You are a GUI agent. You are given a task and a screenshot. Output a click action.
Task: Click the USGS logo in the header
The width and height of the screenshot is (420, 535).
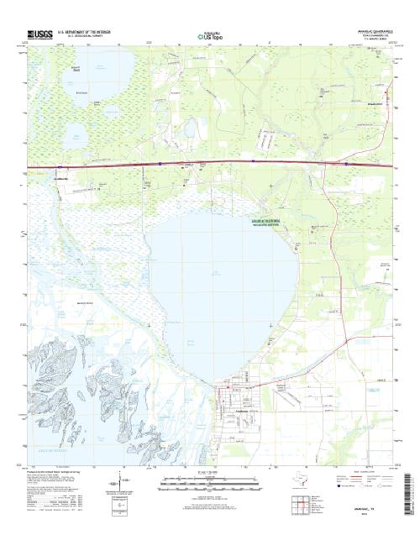(41, 34)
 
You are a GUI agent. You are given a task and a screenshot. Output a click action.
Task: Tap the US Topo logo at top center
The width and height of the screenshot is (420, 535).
(207, 36)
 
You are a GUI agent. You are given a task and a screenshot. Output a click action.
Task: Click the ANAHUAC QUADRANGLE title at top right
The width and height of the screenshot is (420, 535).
(370, 30)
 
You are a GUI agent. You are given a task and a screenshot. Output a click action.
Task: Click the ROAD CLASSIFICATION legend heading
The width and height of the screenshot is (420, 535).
(360, 472)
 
